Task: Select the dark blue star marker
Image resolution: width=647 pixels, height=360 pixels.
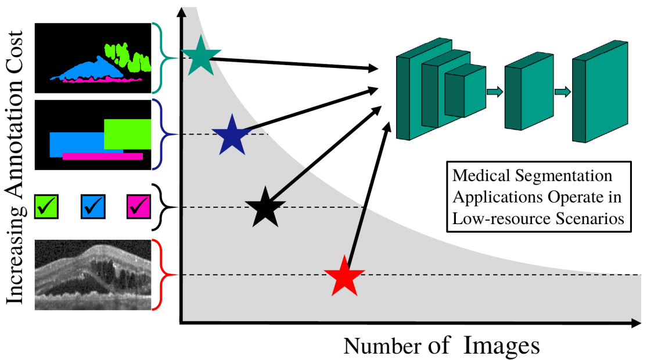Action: point(231,135)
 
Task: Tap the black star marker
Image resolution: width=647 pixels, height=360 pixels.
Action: point(265,207)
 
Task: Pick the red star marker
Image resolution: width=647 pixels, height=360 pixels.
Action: point(345,276)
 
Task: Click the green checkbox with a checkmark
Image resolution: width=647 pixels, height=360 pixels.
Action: point(46,205)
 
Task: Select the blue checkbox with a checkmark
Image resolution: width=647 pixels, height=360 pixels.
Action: point(92,205)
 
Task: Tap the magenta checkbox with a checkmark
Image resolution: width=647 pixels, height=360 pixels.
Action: point(138,205)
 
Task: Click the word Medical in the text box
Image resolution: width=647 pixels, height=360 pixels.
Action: point(481,175)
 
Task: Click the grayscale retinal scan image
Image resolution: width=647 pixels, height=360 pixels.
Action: point(94,274)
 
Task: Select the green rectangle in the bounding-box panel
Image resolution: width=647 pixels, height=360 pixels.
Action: point(128,134)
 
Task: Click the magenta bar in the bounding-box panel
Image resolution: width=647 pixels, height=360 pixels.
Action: point(102,156)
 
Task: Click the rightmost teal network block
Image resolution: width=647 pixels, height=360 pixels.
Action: point(600,92)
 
